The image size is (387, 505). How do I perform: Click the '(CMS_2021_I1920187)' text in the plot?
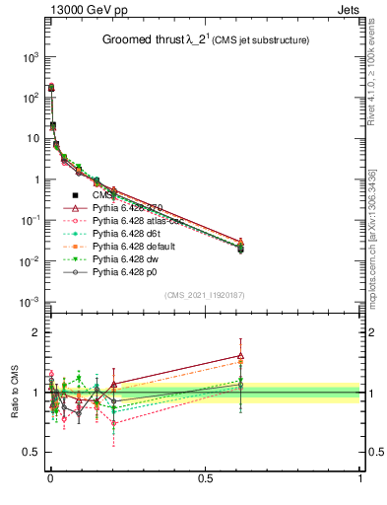pos(205,295)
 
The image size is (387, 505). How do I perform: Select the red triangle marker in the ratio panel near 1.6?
pos(240,356)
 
